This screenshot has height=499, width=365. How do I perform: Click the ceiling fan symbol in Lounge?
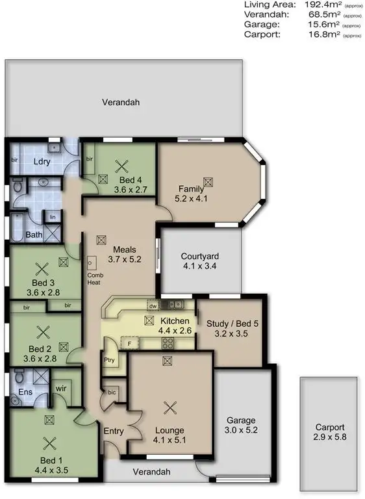[x=171, y=407]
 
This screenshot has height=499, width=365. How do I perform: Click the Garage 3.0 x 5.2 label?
[x=241, y=425]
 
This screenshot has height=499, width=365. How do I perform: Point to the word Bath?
[x=34, y=235]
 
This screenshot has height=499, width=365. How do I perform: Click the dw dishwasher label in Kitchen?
[x=153, y=305]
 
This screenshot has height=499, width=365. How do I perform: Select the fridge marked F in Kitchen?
[x=130, y=342]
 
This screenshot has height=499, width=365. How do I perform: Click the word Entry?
[x=114, y=430]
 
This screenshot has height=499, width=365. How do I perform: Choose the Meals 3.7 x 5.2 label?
[x=123, y=254]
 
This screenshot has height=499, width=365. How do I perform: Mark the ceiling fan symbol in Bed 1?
[x=49, y=444]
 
